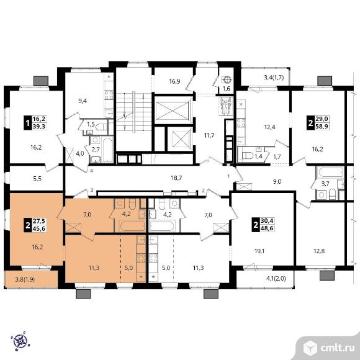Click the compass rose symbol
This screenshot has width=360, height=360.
[x=20, y=341]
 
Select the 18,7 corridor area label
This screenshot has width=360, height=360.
[x=176, y=178]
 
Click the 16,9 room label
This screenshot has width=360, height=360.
[x=174, y=81]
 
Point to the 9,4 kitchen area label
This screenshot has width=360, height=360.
[x=83, y=101]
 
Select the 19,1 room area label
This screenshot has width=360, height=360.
[x=259, y=251]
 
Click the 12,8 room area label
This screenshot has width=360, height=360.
[x=319, y=251]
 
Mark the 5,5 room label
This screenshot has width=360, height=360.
[x=37, y=178]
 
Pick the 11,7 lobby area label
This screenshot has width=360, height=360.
[x=209, y=135]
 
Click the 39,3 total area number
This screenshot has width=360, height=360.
[x=40, y=126]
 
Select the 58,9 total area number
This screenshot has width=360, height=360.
[x=323, y=126]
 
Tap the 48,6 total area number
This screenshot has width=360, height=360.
[x=268, y=228]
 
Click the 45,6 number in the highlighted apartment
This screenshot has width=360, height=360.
[x=39, y=228]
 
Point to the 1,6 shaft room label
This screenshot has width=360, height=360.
[x=227, y=89]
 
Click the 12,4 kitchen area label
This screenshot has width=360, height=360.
[x=269, y=127]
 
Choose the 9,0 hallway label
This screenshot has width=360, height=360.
[x=277, y=182]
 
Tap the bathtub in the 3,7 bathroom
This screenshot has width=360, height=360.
[x=330, y=173]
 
